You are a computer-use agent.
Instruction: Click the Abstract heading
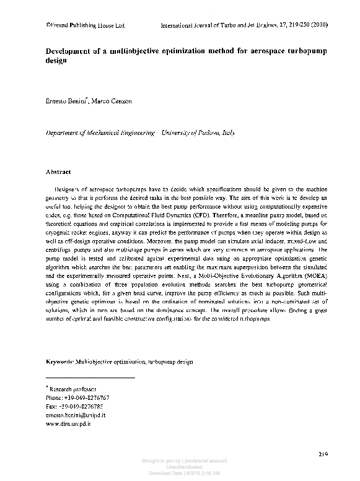[x=59, y=171]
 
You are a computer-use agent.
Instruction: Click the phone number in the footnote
[x=79, y=397]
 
